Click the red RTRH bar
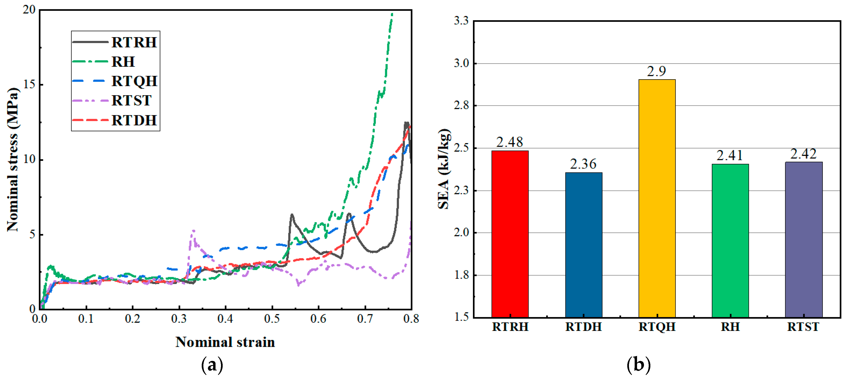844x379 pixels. [x=510, y=234]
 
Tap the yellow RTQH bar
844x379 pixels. [x=657, y=198]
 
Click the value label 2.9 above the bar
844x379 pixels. [x=656, y=71]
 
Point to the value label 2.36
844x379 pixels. [x=583, y=164]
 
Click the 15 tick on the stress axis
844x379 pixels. [x=29, y=85]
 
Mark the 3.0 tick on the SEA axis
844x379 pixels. [x=461, y=63]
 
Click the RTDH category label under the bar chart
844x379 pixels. [x=584, y=327]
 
